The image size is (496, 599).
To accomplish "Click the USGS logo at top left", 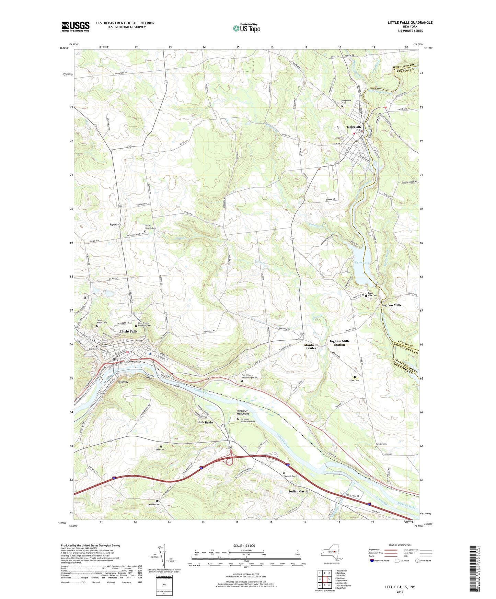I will [x=76, y=26].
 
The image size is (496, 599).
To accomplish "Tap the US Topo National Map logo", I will [x=246, y=28].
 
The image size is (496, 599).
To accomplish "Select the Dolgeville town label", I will [x=354, y=127].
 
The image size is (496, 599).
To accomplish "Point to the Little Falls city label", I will [x=129, y=331].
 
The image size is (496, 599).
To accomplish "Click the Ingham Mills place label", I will [x=391, y=305].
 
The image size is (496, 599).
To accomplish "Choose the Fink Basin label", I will [x=205, y=422].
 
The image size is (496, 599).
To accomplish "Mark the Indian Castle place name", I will [x=298, y=491].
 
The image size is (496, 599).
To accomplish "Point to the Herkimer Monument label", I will [x=243, y=412].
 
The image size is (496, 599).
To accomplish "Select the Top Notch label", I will [x=115, y=224].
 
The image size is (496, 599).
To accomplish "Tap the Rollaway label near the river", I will [x=123, y=381].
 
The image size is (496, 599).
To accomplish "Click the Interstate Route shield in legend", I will [x=372, y=561].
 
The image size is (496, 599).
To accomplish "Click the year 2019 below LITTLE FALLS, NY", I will [x=400, y=592].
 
